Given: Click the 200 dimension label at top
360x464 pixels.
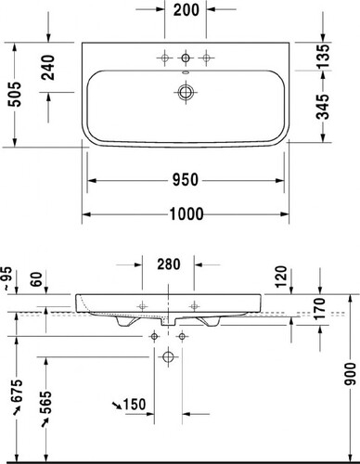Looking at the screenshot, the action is click(x=186, y=10).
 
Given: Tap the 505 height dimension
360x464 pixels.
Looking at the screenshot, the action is click(x=15, y=95).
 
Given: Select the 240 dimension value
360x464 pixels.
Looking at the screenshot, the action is click(x=48, y=68).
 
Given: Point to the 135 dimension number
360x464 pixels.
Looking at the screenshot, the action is click(x=324, y=57).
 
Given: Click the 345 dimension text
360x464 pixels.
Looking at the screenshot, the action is click(x=324, y=107).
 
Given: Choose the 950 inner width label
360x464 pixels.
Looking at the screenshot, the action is click(x=186, y=180).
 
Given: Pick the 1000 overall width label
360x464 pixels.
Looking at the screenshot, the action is click(x=186, y=213).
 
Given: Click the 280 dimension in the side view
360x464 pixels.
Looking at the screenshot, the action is click(x=169, y=264).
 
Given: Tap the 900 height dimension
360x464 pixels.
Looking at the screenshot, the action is click(x=350, y=374).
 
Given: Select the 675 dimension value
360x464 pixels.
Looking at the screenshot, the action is click(x=17, y=391).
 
